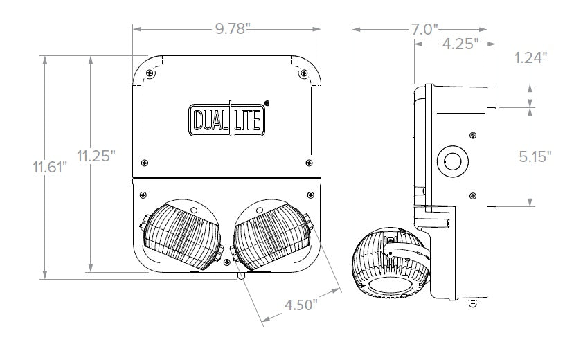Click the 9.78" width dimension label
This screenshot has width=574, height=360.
click(x=233, y=28)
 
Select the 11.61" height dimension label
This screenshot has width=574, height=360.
click(x=50, y=168)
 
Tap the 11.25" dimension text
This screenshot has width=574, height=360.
click(x=96, y=156)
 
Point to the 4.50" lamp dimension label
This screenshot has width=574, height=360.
click(x=301, y=305)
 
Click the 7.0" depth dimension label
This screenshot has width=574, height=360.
click(x=424, y=29)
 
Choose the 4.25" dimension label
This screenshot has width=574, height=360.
click(x=460, y=44)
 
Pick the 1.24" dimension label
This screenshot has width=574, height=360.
click(x=531, y=57)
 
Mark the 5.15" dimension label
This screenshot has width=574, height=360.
click(x=535, y=156)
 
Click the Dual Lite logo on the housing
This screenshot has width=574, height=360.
click(x=227, y=119)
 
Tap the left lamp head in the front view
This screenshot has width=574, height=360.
click(x=182, y=234)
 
